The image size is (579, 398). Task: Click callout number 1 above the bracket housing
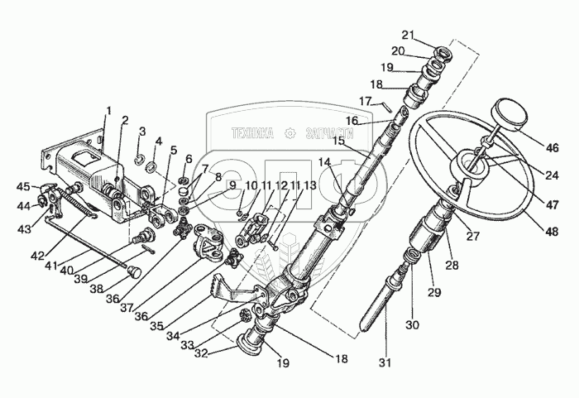pos(108,111)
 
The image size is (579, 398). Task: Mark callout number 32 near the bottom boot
pos(200,351)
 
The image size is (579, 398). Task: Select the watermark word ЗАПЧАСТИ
pos(333,132)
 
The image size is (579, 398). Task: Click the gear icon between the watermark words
pos(289,132)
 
